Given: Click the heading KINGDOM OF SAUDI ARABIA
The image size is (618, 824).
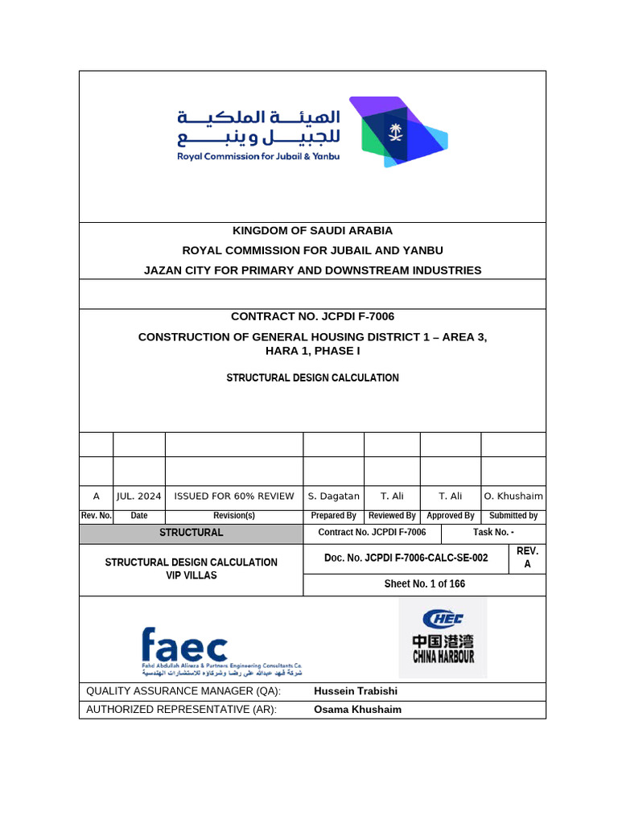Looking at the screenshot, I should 312,231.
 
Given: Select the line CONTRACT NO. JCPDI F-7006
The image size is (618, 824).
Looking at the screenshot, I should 312,316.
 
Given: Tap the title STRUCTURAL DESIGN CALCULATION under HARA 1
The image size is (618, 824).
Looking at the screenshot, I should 312,377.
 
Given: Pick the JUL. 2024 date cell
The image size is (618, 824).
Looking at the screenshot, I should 138,496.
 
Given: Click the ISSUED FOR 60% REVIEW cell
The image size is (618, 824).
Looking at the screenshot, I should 233,496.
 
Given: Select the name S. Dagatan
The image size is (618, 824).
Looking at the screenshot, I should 333,496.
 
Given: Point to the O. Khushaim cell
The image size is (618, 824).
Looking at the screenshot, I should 513,496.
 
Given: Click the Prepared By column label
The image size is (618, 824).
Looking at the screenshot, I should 333,516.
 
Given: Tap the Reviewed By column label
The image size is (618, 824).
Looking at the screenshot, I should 392,516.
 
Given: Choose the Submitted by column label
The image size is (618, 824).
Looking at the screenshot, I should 513,516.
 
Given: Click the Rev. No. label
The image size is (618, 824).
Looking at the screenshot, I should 96,516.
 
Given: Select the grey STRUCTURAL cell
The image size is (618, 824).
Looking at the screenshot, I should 191,533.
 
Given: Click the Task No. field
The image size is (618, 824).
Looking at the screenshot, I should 493,533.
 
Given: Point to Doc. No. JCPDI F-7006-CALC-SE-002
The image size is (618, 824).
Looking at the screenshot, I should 406,558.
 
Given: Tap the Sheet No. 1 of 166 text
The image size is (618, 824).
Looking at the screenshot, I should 424,584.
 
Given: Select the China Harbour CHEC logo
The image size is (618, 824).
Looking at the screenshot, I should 443,637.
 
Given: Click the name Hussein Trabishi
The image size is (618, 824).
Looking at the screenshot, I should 355,691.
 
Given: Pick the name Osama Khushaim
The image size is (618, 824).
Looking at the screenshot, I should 357,710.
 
